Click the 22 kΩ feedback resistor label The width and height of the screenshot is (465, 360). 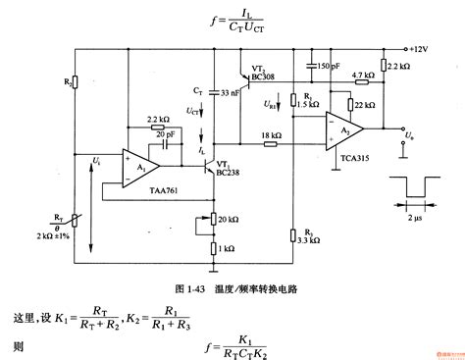pos(363,103)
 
